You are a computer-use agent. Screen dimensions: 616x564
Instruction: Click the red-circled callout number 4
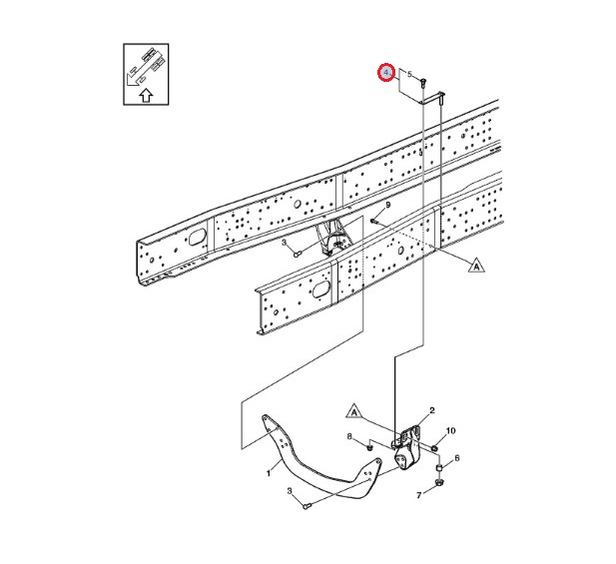point(386,73)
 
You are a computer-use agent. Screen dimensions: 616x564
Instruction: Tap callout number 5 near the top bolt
point(409,74)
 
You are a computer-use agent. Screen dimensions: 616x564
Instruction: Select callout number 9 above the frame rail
point(388,205)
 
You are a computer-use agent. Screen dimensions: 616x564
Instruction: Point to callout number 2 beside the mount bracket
point(432,410)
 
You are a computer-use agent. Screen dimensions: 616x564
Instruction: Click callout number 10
point(450,430)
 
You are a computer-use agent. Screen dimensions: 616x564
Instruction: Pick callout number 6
point(457,458)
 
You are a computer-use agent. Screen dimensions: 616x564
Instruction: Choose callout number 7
point(418,496)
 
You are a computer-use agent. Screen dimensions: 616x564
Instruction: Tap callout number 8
point(349,436)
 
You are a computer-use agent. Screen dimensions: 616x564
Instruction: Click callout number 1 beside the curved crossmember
point(269,473)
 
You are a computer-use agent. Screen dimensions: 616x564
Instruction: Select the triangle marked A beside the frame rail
point(476,266)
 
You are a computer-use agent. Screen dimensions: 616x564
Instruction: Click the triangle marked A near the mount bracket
point(354,411)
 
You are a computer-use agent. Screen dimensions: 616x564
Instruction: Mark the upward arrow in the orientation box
point(146,95)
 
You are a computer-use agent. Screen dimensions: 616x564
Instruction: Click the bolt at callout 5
point(422,83)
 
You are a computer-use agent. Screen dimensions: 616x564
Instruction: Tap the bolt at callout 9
point(373,222)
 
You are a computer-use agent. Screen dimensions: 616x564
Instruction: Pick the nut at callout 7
point(439,482)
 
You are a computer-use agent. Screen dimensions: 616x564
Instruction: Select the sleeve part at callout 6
point(439,468)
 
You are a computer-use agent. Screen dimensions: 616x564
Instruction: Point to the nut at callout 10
point(435,447)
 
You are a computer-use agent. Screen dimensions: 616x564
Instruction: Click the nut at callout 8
point(368,447)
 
